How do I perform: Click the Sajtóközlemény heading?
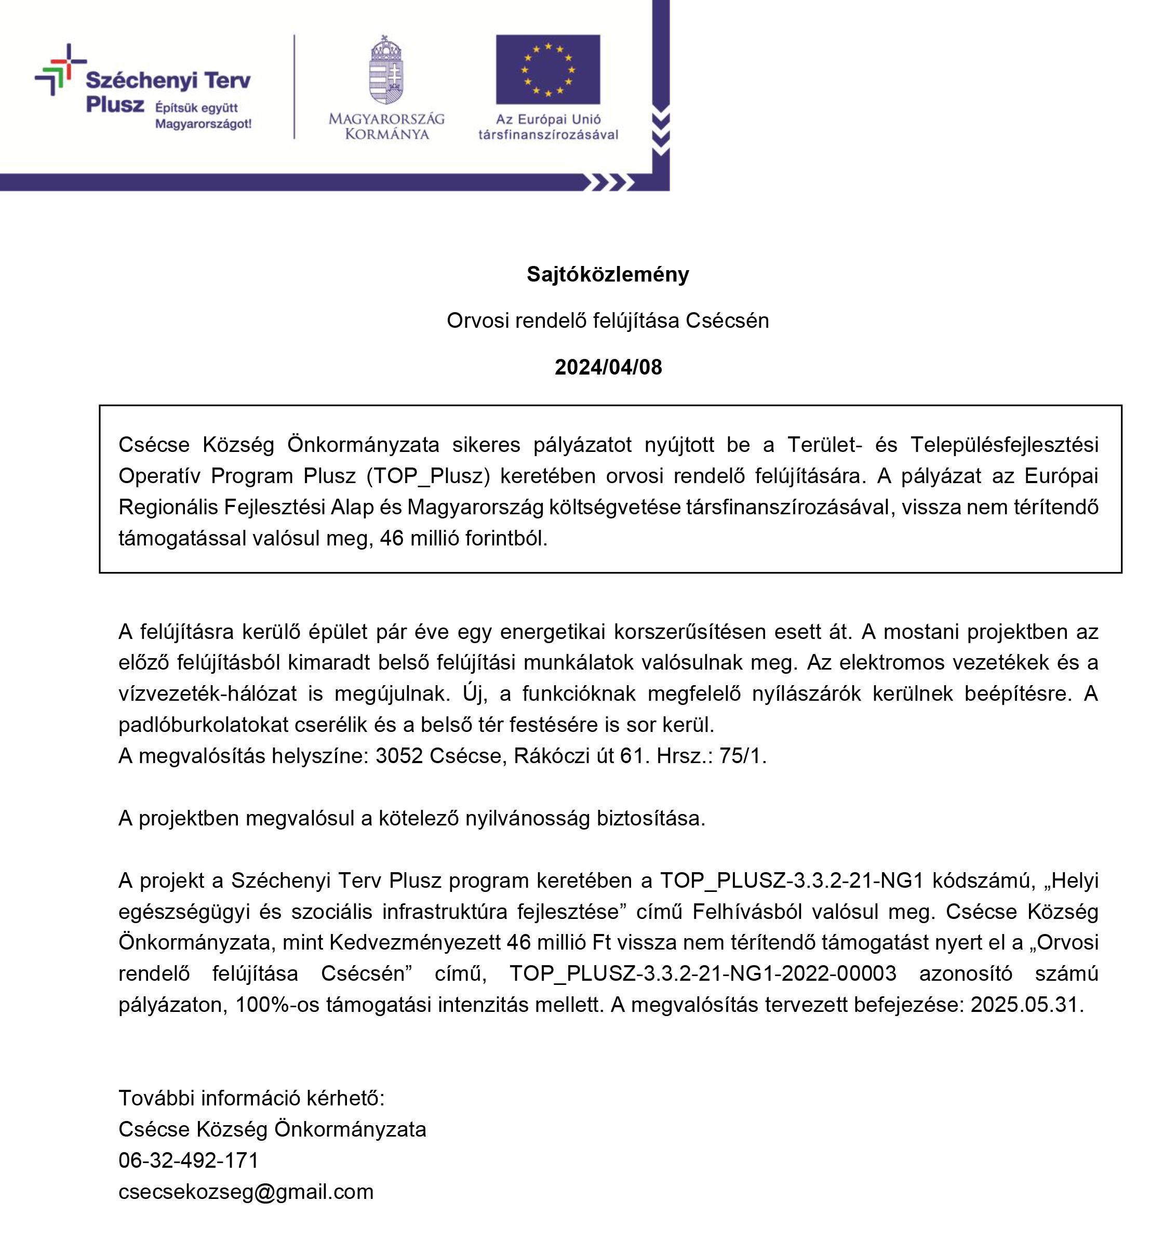(x=607, y=274)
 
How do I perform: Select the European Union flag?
(x=547, y=69)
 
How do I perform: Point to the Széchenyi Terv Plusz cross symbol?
(x=60, y=69)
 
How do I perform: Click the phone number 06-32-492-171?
(x=188, y=1160)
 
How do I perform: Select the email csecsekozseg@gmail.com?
(x=246, y=1191)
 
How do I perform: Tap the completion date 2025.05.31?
(x=1026, y=1004)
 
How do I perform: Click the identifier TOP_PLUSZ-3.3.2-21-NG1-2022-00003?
(x=703, y=973)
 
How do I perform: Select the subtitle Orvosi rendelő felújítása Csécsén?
(x=607, y=320)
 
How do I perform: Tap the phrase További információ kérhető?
(x=251, y=1098)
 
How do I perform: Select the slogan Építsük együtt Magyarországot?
(x=203, y=115)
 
